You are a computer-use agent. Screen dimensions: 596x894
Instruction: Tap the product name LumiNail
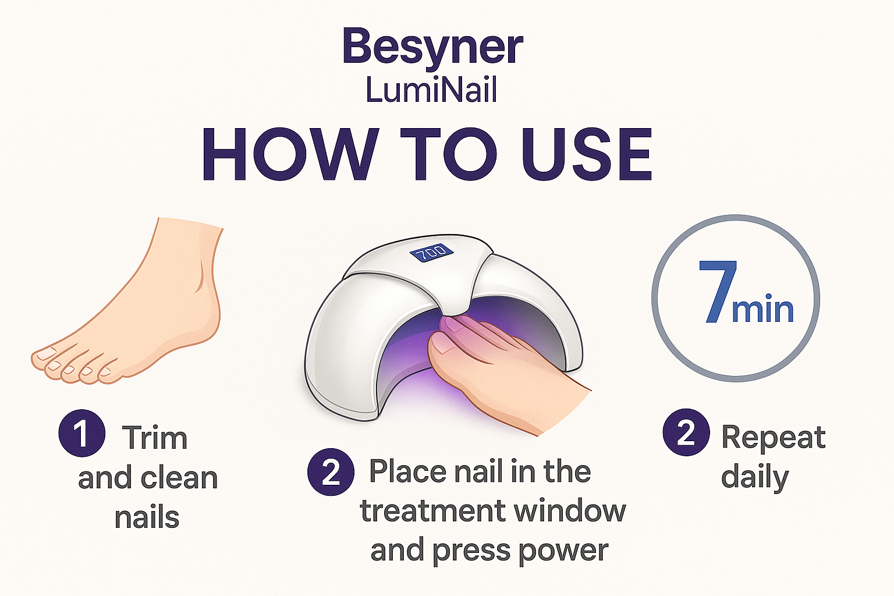pos(431,91)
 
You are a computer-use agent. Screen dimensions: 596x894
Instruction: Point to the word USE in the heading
pos(586,155)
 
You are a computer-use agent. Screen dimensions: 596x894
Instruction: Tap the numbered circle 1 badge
pos(82,433)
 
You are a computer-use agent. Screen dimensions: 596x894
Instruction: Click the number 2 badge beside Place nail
pos(331,471)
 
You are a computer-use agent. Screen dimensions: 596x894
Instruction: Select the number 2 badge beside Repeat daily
pos(686,432)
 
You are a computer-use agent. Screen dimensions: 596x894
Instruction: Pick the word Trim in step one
pos(155,438)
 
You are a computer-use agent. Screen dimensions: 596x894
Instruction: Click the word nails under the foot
pos(147,517)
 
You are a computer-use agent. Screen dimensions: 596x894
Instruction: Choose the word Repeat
pos(774,437)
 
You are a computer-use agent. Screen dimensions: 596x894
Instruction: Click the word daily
pos(755,478)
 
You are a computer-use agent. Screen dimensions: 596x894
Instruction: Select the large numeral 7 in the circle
pos(718,292)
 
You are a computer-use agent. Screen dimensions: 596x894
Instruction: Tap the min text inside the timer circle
pos(762,310)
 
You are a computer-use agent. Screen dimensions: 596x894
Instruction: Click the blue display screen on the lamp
pos(431,252)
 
